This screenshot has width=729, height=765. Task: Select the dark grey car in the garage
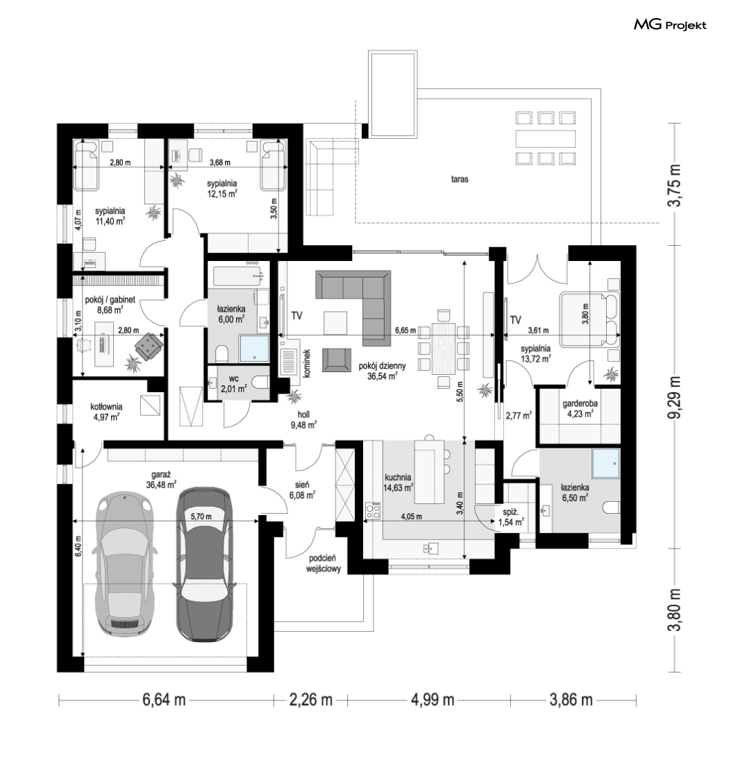click(x=203, y=564)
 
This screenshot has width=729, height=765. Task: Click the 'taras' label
click(x=460, y=179)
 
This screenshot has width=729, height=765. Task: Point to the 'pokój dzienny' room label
click(x=382, y=365)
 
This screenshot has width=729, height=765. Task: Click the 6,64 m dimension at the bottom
click(x=164, y=700)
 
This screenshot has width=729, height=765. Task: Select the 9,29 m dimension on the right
click(x=676, y=398)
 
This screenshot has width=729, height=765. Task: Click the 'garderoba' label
click(x=580, y=404)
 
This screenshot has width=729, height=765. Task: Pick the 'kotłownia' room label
click(x=106, y=406)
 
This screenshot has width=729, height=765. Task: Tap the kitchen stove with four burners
click(x=374, y=511)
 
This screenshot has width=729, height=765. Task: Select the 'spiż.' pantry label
click(x=510, y=512)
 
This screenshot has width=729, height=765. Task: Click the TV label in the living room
click(x=296, y=316)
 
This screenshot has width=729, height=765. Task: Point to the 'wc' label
click(x=234, y=378)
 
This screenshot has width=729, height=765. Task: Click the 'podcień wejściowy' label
click(x=324, y=564)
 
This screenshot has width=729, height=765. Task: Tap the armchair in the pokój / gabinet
click(x=149, y=346)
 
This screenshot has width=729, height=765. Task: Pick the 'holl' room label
click(x=303, y=414)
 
